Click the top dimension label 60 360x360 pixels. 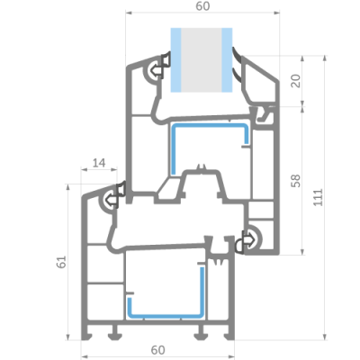coord(202,6)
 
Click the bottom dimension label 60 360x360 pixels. coord(158,350)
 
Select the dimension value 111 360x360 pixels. coord(319,197)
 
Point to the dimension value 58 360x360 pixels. coord(296,181)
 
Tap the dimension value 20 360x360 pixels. coord(296,81)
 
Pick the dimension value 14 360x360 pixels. coord(99,163)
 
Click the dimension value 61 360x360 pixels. coord(61,262)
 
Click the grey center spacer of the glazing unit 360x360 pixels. coord(202,60)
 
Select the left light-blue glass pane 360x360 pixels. coord(175,60)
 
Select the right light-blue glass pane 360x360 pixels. coord(227,60)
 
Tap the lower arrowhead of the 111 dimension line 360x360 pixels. coord(324,337)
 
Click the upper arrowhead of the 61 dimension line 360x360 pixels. coord(67,187)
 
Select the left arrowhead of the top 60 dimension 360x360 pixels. coord(129,13)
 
